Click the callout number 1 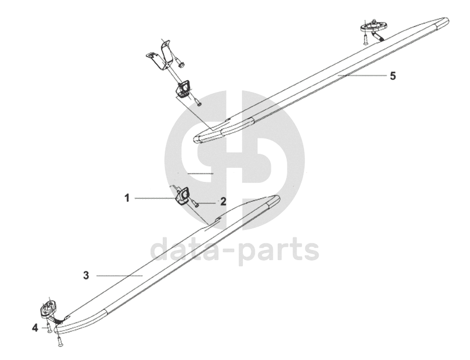coord(127,198)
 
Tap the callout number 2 coord(223,201)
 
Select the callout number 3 coord(86,275)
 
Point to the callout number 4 coord(35,327)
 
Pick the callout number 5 coord(393,76)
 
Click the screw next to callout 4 coord(49,327)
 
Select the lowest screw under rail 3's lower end coord(59,341)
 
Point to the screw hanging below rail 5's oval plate coord(366,39)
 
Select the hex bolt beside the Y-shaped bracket coord(180,64)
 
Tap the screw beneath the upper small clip coord(198,103)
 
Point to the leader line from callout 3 coord(119,275)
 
